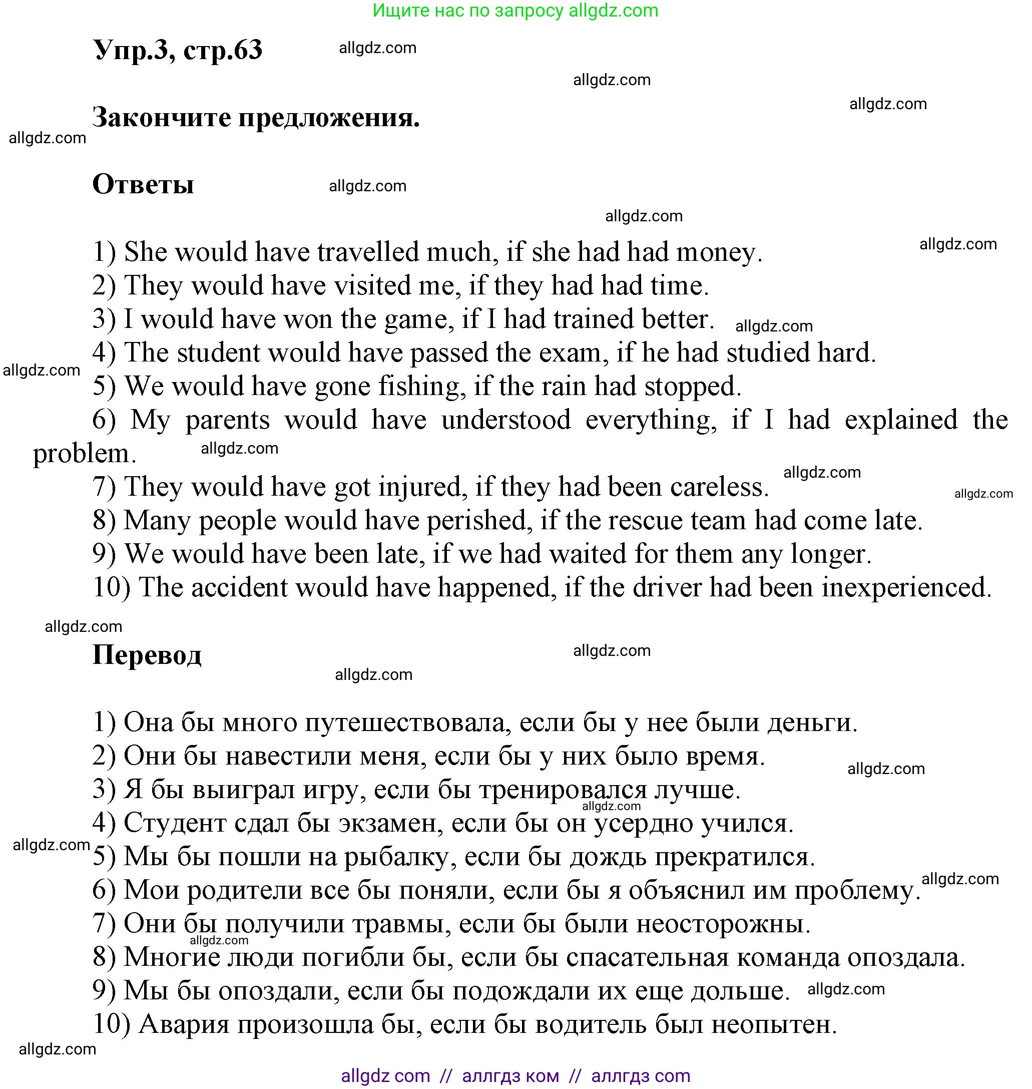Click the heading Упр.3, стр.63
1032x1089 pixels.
coord(178,51)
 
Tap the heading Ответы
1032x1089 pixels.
coord(143,184)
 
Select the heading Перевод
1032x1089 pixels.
coord(147,655)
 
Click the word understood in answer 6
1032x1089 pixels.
coord(506,421)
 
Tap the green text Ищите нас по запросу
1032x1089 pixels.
coord(467,11)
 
